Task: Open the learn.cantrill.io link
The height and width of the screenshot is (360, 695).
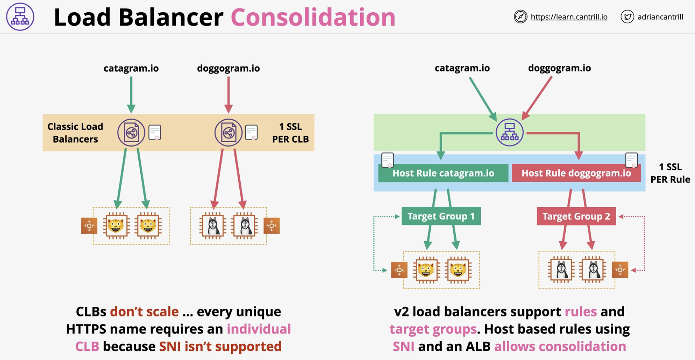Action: click(569, 17)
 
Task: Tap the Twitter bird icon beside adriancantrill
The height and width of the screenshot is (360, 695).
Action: click(627, 17)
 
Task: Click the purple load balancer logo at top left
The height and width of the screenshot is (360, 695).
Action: click(20, 17)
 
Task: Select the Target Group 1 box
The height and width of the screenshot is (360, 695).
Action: click(441, 216)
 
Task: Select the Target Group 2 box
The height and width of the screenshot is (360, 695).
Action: click(576, 216)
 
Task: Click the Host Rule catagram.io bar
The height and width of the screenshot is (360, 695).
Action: click(443, 173)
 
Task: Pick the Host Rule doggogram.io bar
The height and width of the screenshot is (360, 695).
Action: click(576, 173)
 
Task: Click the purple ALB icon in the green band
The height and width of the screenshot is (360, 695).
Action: click(509, 132)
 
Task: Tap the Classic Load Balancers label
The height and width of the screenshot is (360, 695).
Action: click(75, 132)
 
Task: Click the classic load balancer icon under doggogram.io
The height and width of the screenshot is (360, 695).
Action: click(228, 133)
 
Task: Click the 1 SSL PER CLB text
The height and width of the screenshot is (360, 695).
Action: click(290, 132)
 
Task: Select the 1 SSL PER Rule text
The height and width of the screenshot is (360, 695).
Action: click(670, 173)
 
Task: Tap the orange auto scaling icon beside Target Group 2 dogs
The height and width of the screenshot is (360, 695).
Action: click(620, 270)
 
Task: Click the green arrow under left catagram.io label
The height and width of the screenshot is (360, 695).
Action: click(131, 94)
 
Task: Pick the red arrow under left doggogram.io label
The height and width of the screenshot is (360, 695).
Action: click(228, 94)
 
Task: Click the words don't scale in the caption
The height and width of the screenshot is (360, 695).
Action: click(144, 311)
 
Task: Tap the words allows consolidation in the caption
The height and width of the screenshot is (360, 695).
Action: click(560, 346)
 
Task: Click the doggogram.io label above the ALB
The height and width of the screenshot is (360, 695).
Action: click(559, 68)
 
